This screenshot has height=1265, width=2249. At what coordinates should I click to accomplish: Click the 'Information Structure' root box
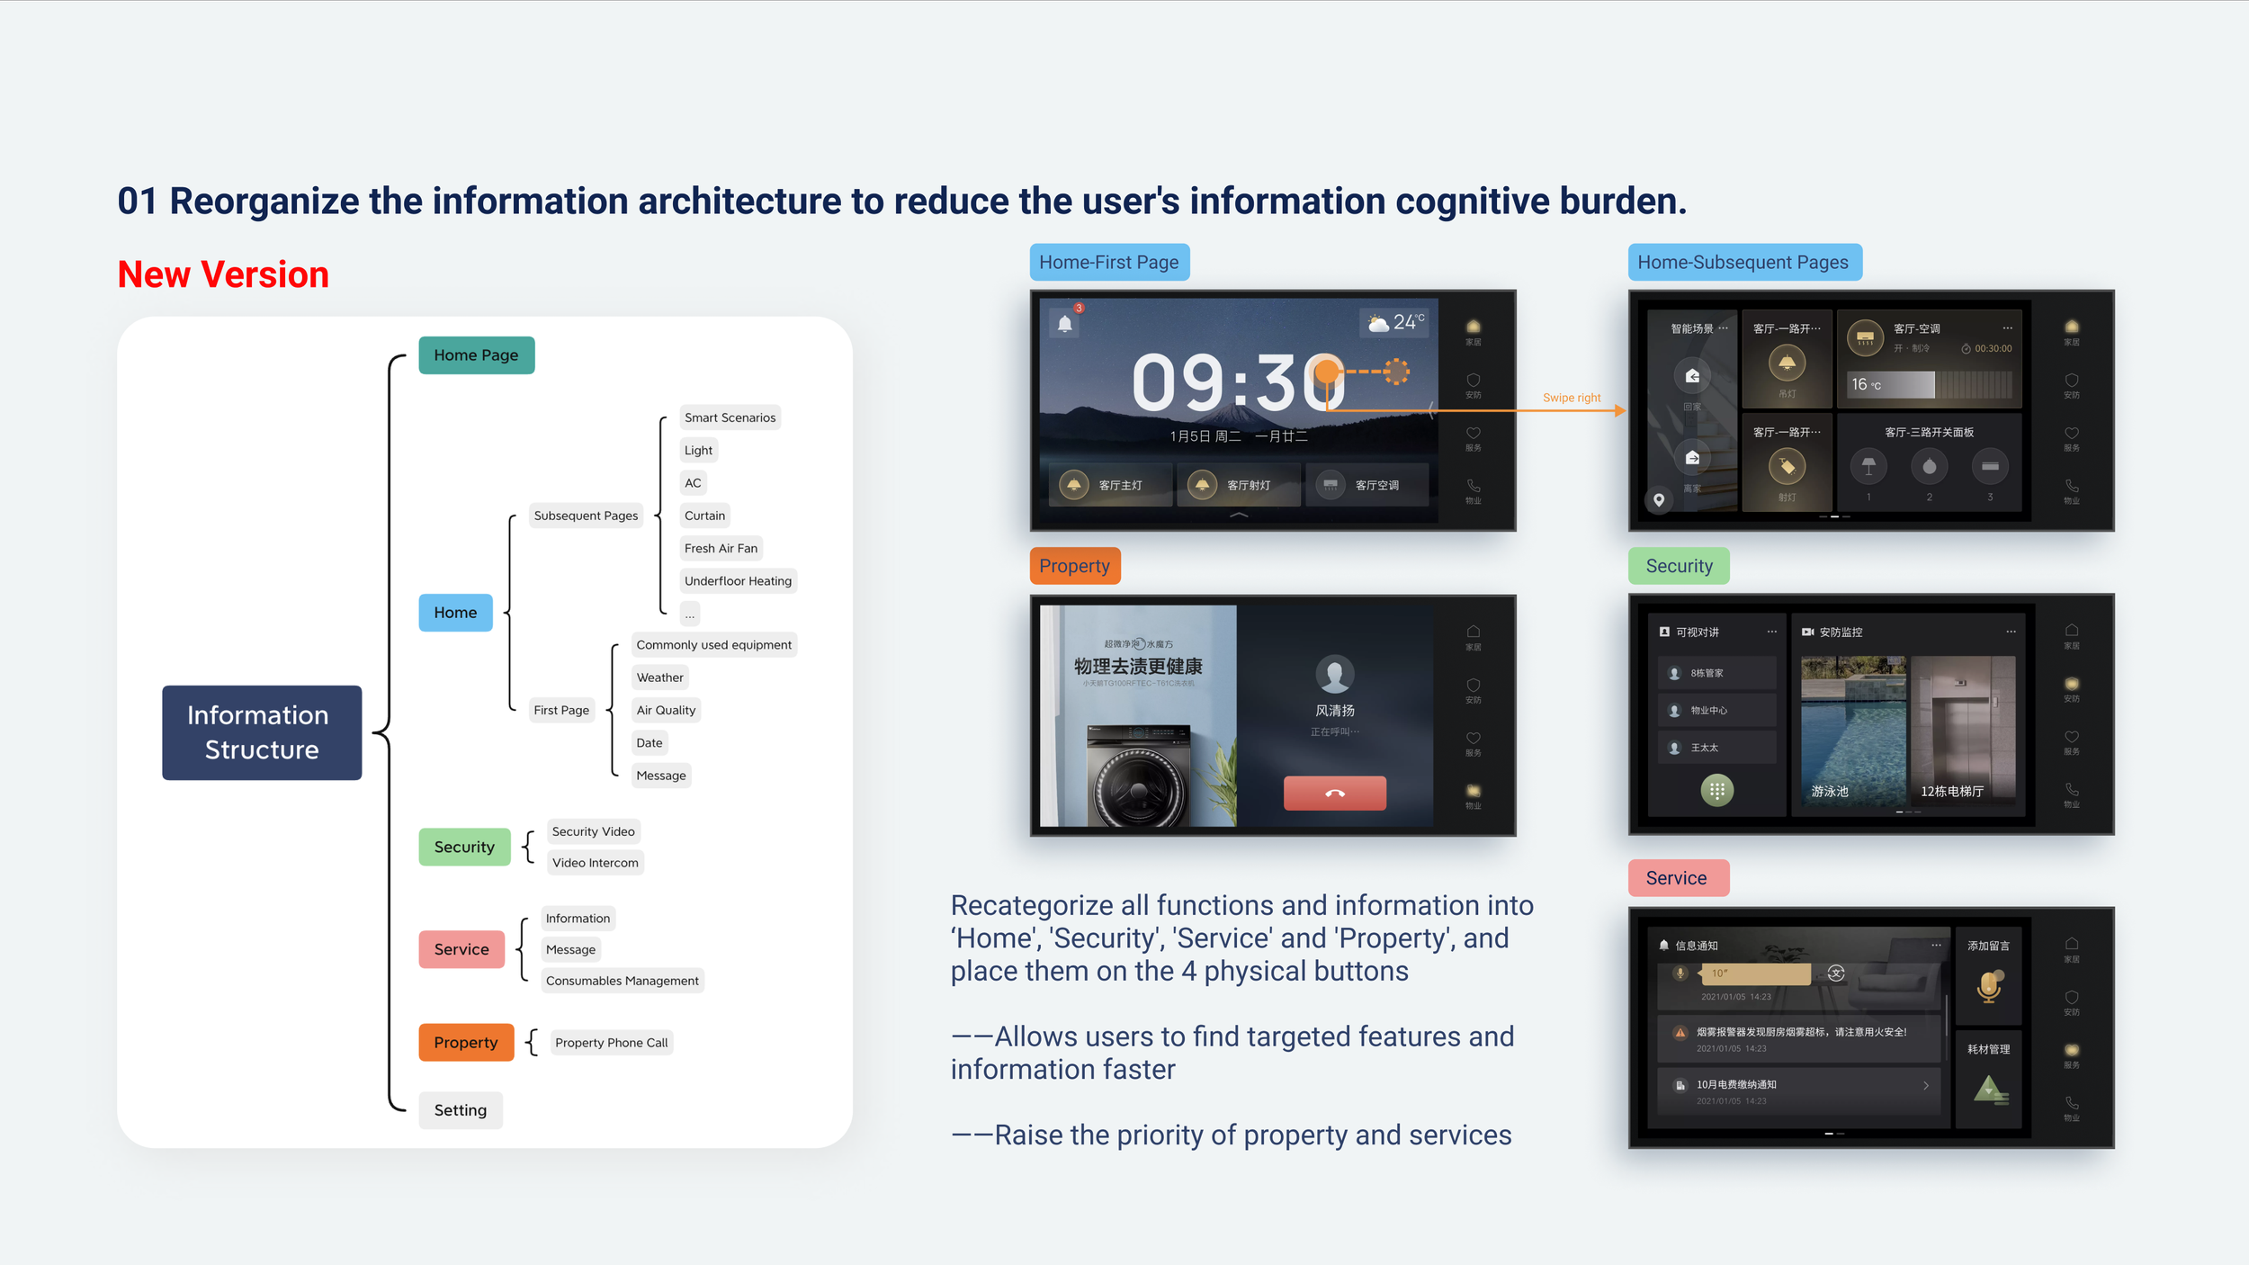pos(262,732)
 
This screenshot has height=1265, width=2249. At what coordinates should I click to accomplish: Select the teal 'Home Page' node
pos(476,355)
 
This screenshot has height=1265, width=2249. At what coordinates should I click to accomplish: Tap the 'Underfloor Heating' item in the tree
pos(738,581)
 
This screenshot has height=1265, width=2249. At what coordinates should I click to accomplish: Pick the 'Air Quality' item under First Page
pos(666,710)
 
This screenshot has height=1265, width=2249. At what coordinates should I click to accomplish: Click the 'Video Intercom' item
pos(595,863)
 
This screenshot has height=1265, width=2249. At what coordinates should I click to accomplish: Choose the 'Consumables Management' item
pos(622,981)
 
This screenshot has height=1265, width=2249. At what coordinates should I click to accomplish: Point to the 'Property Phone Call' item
pos(611,1043)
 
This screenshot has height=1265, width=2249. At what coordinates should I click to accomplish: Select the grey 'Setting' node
pos(460,1110)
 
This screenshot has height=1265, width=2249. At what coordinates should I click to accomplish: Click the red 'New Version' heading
pos(223,274)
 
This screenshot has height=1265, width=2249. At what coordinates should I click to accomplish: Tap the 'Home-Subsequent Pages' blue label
pos(1743,263)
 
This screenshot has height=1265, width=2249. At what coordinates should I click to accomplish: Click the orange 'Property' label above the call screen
pos(1074,566)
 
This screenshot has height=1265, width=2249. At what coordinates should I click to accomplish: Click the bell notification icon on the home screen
pos(1065,324)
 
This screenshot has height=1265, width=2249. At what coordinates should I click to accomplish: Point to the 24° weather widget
pos(1395,322)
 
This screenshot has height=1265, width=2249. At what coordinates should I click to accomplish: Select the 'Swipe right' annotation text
pos(1572,398)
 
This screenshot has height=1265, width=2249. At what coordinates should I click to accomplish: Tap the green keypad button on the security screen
pos(1716,791)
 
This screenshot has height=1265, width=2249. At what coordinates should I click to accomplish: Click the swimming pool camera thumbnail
pos(1852,729)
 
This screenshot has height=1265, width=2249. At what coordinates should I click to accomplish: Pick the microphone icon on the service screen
pos(1989,986)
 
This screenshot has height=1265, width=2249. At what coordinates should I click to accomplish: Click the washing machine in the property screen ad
pos(1137,779)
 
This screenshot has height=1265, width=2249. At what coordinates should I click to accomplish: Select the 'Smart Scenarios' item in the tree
pos(730,417)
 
